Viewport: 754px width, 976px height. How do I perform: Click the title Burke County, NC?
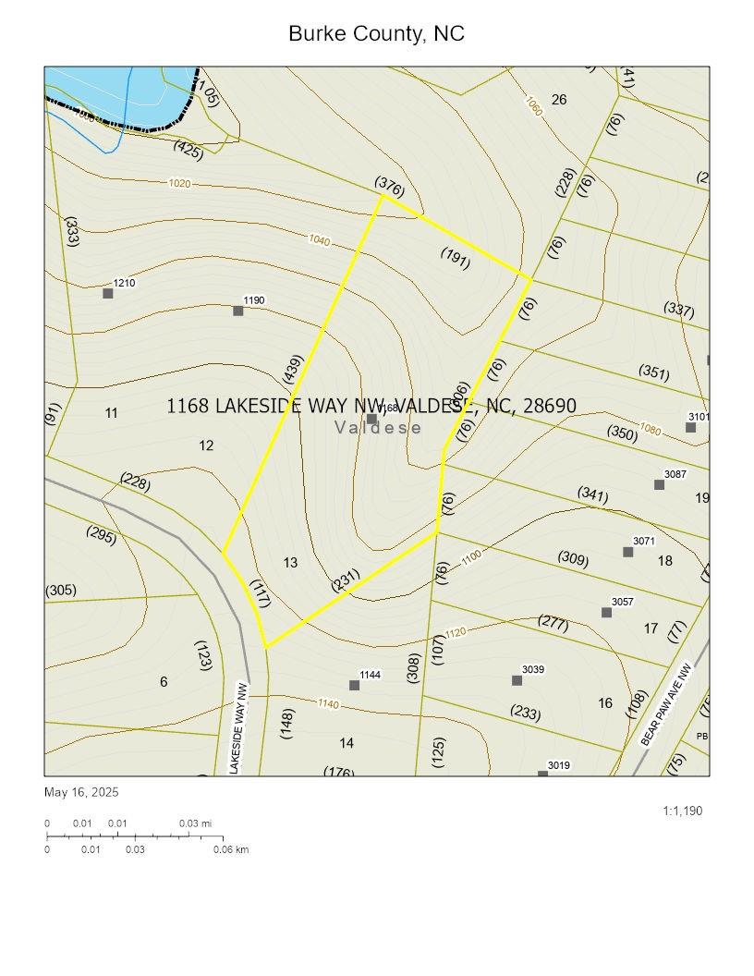point(376,34)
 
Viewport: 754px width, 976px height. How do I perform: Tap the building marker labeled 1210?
point(108,294)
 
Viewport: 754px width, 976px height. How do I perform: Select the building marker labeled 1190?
point(238,311)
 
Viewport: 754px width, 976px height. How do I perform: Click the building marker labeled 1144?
point(354,685)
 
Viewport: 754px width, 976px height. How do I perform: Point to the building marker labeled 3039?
point(517,680)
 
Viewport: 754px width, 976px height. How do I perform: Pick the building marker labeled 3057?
point(606,613)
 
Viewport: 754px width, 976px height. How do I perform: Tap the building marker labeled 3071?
point(627,552)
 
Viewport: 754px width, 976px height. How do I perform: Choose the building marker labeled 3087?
point(659,485)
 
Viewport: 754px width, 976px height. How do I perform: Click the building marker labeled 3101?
point(690,427)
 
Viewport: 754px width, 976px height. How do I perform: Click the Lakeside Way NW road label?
point(239,727)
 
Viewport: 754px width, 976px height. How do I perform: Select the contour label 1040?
point(319,240)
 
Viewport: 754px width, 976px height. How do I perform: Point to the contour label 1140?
point(328,704)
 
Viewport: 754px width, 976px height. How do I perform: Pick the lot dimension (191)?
point(456,258)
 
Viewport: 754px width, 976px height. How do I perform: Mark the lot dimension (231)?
point(345,579)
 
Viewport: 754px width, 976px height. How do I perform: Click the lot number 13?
point(290,562)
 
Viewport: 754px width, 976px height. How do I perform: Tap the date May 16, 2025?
point(81,792)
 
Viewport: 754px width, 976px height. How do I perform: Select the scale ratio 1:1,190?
point(682,811)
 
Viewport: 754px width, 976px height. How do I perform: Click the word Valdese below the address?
point(378,427)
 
